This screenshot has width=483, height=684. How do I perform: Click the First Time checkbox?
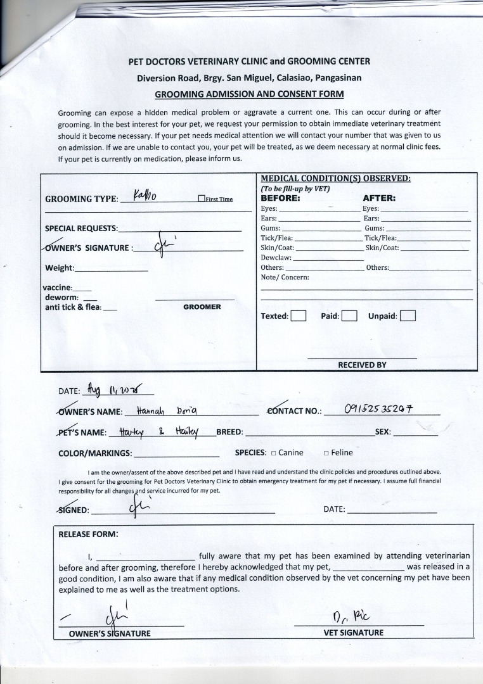tap(202, 199)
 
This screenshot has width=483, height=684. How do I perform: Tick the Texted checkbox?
tap(299, 315)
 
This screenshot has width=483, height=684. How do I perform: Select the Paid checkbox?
tap(349, 315)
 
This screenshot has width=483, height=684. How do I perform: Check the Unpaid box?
tap(408, 315)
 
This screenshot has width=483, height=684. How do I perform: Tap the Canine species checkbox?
tap(273, 453)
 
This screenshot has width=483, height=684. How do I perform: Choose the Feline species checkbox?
tap(326, 453)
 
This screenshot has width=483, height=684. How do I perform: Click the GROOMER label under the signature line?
tap(202, 307)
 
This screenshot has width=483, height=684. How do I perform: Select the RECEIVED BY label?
tap(362, 365)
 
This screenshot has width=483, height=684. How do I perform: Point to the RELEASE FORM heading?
tap(88, 534)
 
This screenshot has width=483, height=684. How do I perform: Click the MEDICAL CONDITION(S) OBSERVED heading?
tap(335, 179)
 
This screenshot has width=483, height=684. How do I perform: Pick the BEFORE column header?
tap(280, 198)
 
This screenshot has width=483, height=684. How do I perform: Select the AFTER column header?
tap(378, 198)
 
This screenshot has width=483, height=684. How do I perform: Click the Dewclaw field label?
tap(276, 258)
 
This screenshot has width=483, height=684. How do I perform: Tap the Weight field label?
tap(60, 268)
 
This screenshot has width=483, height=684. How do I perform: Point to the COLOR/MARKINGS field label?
tap(95, 453)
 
